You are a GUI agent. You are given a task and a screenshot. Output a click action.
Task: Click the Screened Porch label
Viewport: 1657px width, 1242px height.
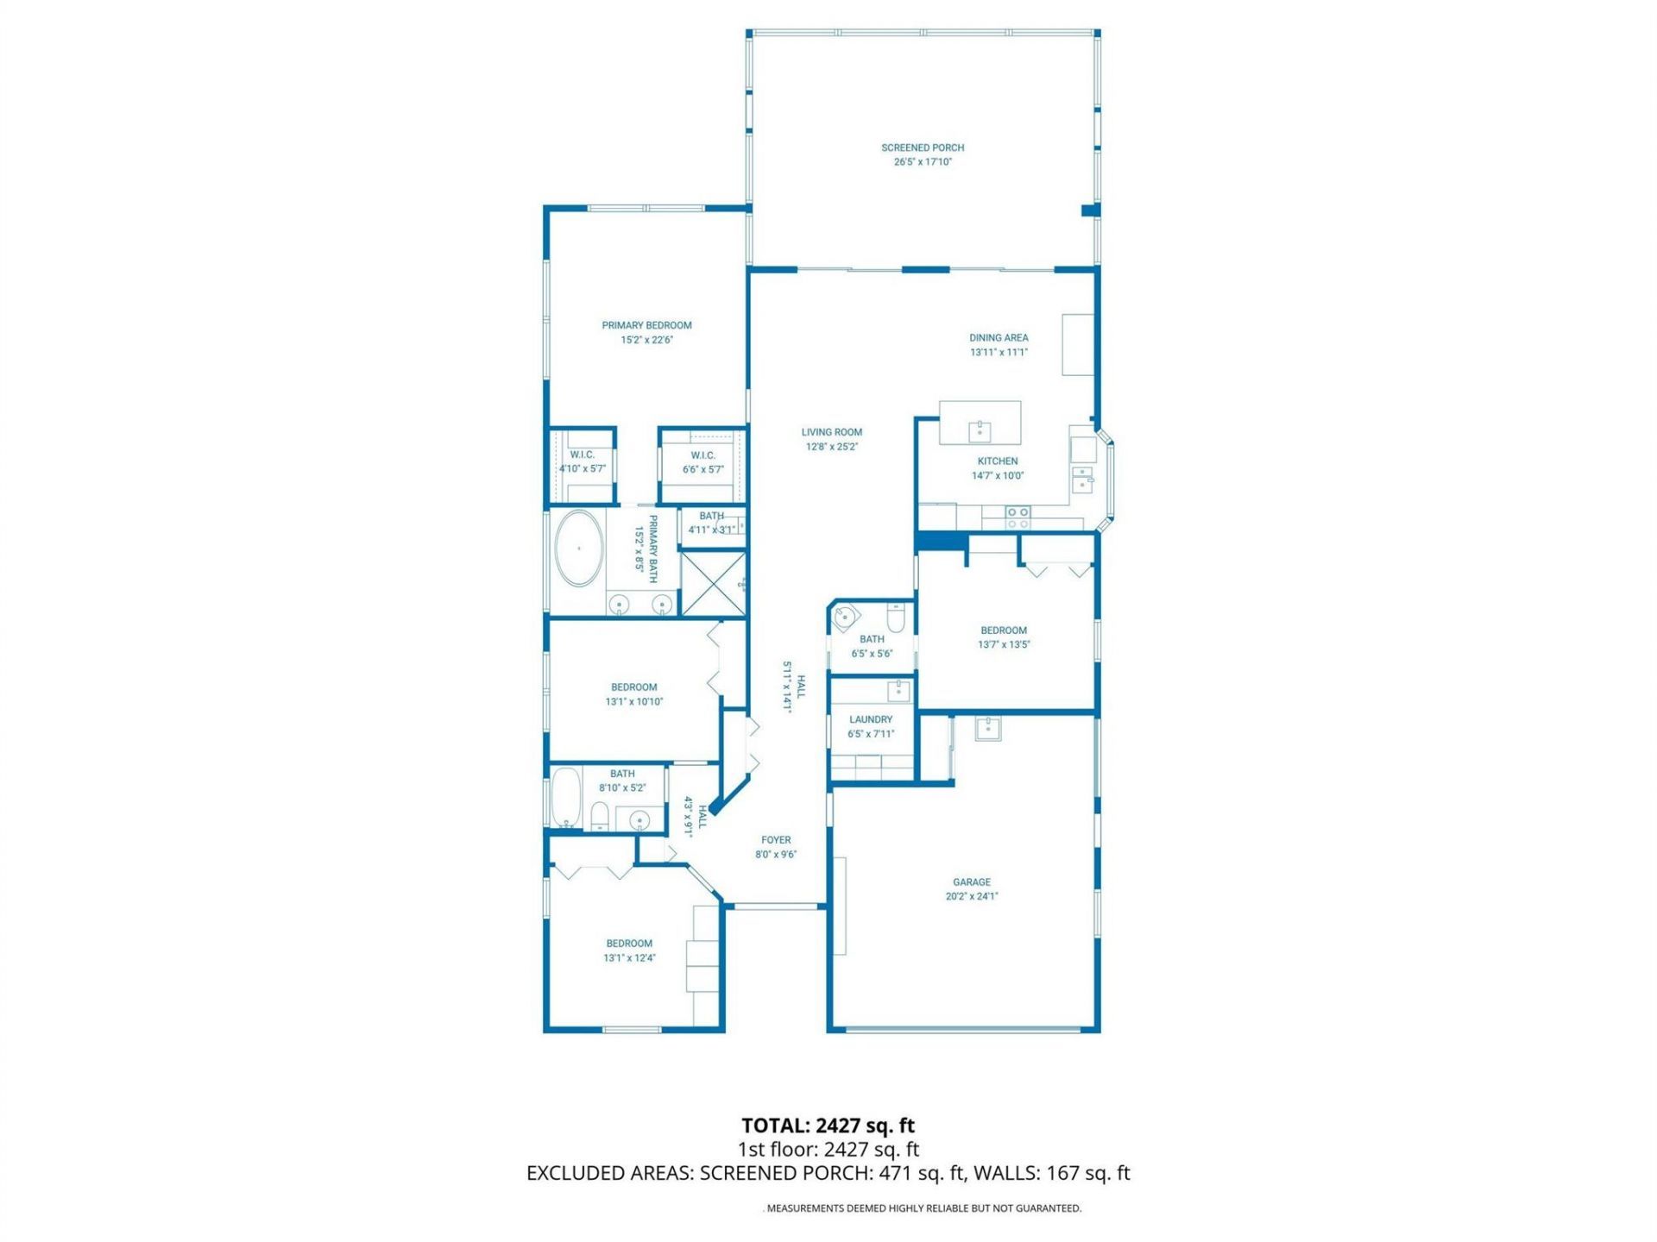coord(923,147)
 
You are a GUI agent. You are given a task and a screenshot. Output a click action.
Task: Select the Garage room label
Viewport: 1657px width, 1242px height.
coord(971,881)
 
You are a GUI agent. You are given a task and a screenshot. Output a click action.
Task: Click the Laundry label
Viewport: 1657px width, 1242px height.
coord(871,719)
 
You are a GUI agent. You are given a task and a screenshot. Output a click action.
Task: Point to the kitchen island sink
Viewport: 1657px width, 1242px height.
coord(980,430)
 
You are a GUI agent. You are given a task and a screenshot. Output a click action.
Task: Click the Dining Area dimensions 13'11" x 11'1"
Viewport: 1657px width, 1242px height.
coord(999,352)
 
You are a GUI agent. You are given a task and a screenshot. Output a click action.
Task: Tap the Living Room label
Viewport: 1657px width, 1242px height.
coord(831,432)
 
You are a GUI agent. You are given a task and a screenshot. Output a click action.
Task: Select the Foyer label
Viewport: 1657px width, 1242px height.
coord(776,839)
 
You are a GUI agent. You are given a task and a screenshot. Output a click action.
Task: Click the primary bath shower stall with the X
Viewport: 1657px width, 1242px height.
coord(713,584)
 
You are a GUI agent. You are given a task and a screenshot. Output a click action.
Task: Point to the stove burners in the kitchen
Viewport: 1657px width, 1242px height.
coord(1018,517)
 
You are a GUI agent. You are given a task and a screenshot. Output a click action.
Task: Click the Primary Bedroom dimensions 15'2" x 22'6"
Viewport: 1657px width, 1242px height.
coord(646,340)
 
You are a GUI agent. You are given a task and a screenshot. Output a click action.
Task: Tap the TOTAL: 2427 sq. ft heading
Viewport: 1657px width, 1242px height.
coord(828,1126)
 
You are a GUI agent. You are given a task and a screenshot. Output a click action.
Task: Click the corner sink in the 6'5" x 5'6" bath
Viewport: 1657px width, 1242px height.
coord(844,618)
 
